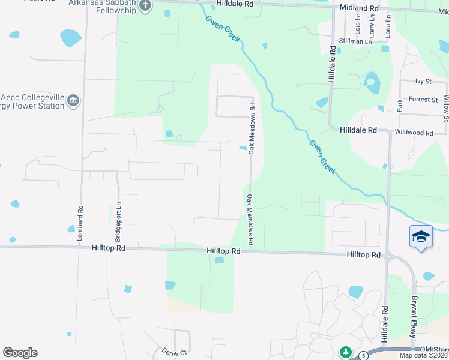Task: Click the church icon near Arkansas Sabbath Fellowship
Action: pyautogui.click(x=145, y=6)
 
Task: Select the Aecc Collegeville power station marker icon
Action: pyautogui.click(x=73, y=100)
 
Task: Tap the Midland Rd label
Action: pyautogui.click(x=359, y=8)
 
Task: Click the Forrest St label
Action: pyautogui.click(x=424, y=99)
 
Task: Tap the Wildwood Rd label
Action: pyautogui.click(x=413, y=132)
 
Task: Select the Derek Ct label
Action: pyautogui.click(x=175, y=352)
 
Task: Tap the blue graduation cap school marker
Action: pyautogui.click(x=421, y=237)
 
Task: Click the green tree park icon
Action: pyautogui.click(x=345, y=352)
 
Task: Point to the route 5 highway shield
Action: pyautogui.click(x=364, y=355)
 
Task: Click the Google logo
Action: pyautogui.click(x=20, y=353)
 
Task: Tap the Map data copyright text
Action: pyautogui.click(x=424, y=355)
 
